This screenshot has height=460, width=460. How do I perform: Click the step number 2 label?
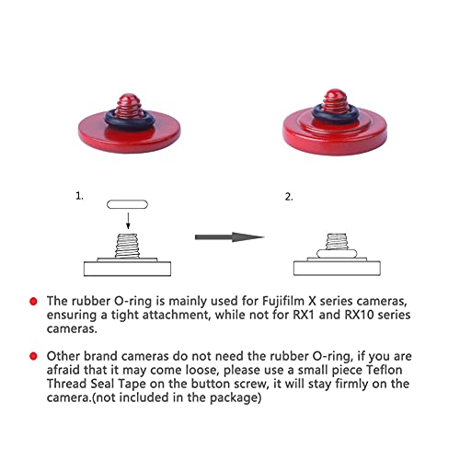(x=288, y=197)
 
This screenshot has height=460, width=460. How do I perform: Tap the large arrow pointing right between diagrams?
(x=229, y=237)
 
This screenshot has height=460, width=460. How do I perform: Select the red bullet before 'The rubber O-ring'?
(x=34, y=301)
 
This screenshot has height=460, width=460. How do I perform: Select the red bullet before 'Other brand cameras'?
(x=34, y=354)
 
